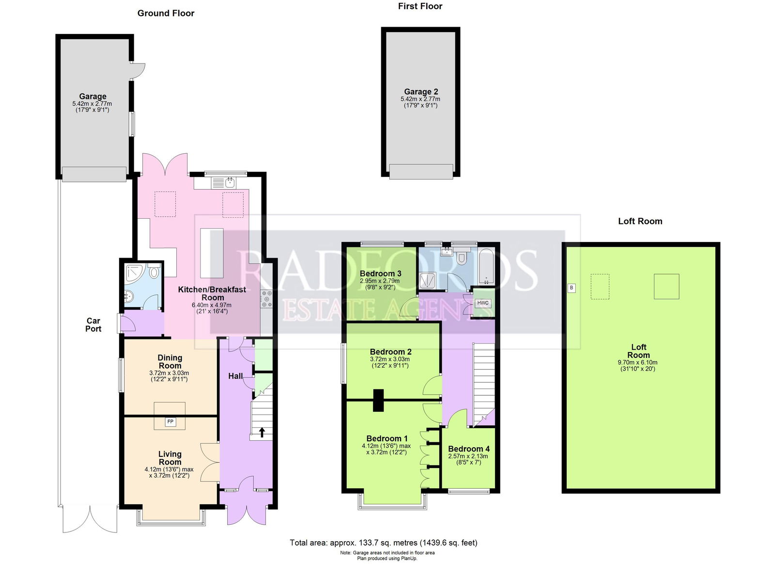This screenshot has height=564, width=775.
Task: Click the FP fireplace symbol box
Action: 170,422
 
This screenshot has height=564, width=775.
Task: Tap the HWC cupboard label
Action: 483,303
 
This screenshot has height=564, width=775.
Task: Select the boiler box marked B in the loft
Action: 572,288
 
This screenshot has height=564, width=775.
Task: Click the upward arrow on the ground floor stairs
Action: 262,432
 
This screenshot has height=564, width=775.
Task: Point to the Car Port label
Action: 93,324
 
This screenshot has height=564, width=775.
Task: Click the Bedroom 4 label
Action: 468,449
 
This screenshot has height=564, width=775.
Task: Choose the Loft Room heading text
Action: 640,221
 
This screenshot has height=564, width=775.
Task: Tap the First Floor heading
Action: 420,6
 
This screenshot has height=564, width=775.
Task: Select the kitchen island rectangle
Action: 212,253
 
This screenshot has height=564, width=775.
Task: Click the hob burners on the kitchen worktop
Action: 266,299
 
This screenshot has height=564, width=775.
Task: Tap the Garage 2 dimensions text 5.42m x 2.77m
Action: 420,99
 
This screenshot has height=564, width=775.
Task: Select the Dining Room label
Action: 170,361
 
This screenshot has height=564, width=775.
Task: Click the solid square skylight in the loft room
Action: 666,286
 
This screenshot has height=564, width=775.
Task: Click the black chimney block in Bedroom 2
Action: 378,400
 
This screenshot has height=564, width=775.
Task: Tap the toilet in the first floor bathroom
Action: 462,258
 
